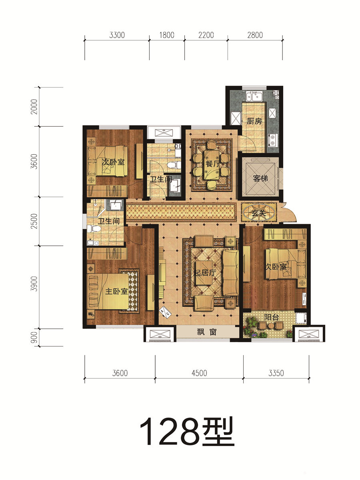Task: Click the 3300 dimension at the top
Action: [117, 35]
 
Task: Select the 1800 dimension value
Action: [167, 35]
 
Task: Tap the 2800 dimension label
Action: [255, 35]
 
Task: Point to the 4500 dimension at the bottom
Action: [199, 373]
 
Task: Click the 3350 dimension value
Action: [276, 373]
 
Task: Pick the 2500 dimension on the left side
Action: [34, 221]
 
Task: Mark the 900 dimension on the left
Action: [34, 337]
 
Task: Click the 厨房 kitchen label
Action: [254, 121]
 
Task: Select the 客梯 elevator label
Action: [260, 178]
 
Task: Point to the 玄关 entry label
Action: [259, 213]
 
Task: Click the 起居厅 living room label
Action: [205, 273]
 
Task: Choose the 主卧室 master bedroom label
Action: [116, 291]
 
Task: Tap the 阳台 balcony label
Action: [271, 317]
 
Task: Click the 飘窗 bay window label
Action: [206, 332]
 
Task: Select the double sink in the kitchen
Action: [254, 96]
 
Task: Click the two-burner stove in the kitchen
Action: [273, 140]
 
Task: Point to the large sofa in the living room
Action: [231, 273]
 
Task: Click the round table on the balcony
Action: [271, 326]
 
